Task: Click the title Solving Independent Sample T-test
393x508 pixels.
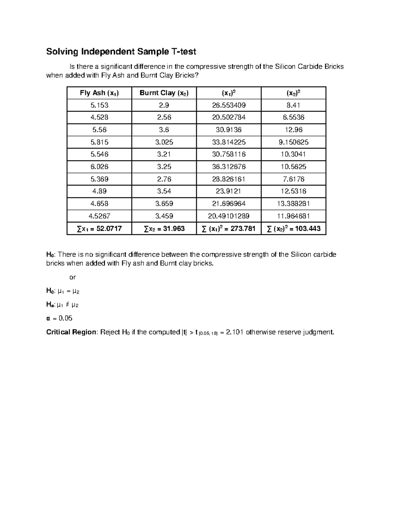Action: (121, 52)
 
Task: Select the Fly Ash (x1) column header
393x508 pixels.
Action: (99, 93)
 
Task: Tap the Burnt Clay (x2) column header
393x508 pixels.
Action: (164, 93)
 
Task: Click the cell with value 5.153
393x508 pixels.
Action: (99, 105)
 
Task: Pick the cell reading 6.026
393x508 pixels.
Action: (99, 167)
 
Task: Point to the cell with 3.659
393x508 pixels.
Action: (164, 203)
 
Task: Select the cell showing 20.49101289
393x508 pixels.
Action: (229, 216)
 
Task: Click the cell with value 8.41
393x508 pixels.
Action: (293, 105)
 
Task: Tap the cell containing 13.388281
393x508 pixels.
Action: (293, 203)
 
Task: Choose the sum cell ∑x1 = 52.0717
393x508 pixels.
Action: (99, 228)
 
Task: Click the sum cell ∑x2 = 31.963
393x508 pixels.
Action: (164, 228)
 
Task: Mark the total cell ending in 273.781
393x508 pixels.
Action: (229, 228)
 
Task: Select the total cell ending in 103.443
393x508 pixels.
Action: (293, 228)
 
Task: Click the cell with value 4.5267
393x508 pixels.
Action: (99, 216)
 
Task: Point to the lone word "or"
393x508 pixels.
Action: (72, 277)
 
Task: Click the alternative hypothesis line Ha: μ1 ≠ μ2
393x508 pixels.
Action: (63, 305)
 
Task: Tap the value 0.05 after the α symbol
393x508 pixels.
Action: (65, 318)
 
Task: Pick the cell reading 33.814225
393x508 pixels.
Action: (229, 142)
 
